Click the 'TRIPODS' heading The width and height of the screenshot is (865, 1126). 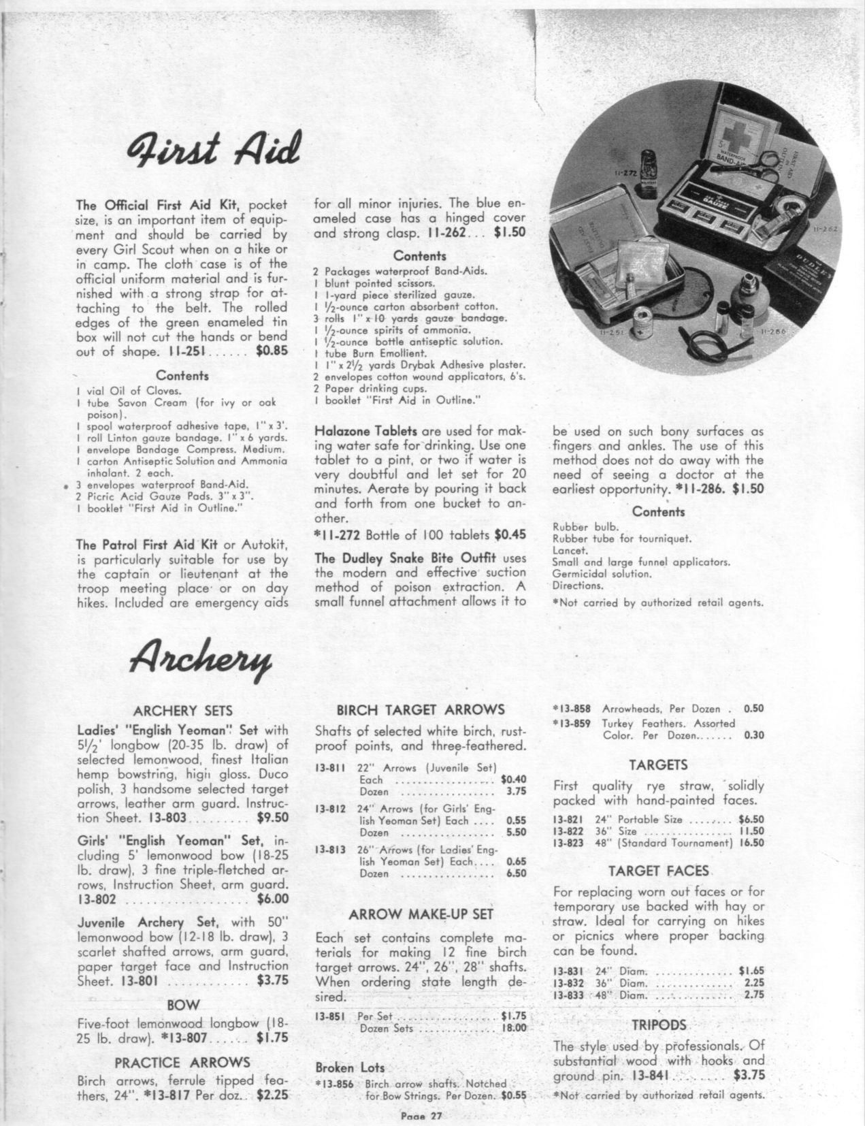(x=659, y=1024)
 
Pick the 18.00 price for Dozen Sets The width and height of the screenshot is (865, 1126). (x=514, y=1029)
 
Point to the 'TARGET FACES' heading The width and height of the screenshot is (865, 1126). (x=659, y=870)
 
